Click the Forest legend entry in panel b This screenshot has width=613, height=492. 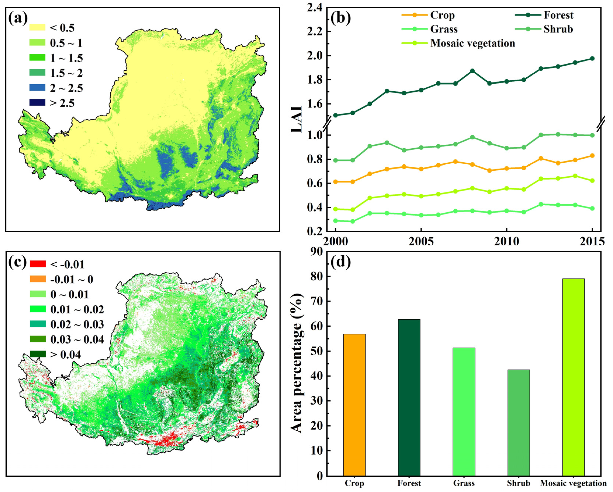pos(558,15)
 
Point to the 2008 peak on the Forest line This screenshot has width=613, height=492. pos(472,71)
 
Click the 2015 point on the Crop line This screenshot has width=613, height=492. pos(592,156)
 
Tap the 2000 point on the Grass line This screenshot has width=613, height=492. pos(335,220)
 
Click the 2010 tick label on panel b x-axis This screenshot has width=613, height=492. pos(506,242)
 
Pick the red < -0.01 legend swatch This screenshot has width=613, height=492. pos(38,264)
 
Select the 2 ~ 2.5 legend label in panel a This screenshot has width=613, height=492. pos(66,88)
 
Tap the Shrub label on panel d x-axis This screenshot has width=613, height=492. pos(518,483)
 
